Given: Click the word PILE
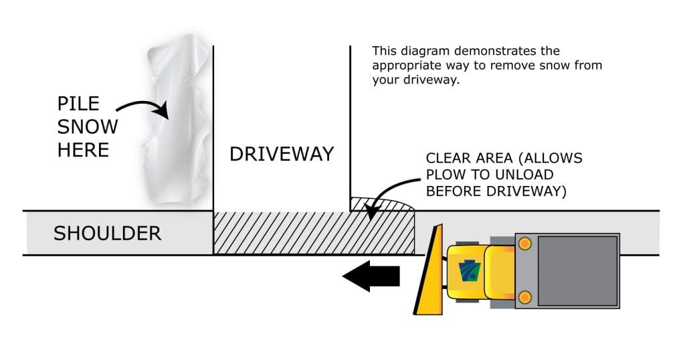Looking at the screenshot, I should point(78,104).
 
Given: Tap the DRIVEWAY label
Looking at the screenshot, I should point(282,154).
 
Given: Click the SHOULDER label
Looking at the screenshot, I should point(107,233).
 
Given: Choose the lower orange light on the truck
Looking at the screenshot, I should point(524,296).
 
